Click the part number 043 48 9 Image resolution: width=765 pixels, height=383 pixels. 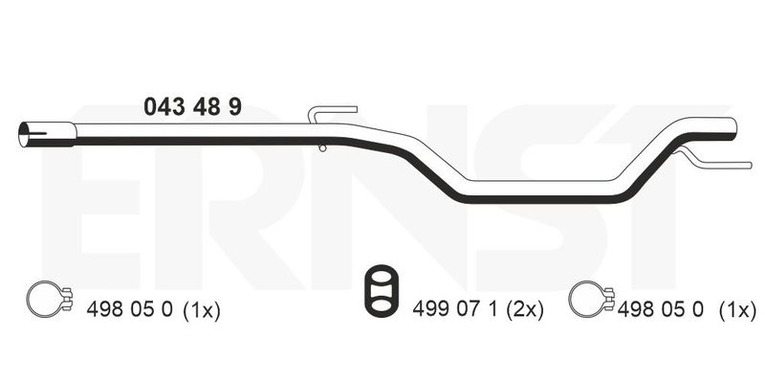point(193,106)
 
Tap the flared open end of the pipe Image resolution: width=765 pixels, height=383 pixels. point(46,134)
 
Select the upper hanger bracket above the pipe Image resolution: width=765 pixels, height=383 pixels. point(331,114)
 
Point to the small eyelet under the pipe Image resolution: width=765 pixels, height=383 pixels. point(322,147)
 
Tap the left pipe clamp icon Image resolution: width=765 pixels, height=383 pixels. point(49,300)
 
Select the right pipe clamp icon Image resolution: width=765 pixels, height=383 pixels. point(591,300)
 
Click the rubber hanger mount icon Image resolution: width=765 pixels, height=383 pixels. point(381,291)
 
